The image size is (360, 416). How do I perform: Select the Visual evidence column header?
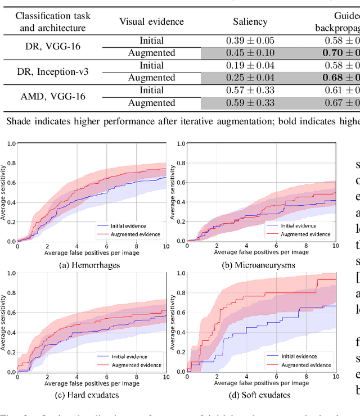151,21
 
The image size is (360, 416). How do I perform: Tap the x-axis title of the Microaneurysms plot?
262,253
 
